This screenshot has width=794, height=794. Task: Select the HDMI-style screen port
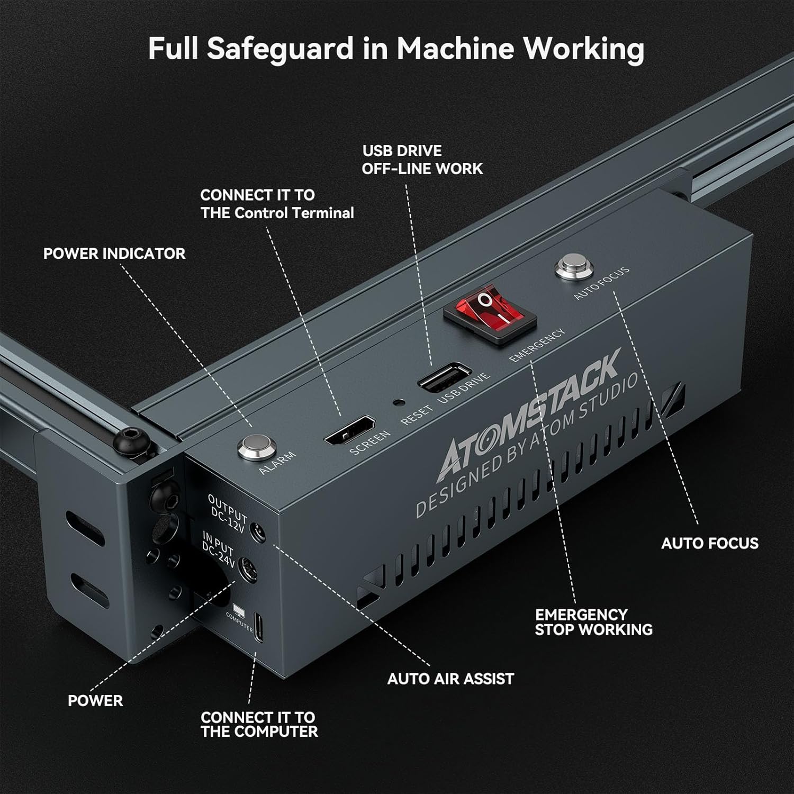[x=350, y=430]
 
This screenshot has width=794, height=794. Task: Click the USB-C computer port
[x=258, y=628]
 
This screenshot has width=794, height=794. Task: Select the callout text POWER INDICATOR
[x=114, y=254]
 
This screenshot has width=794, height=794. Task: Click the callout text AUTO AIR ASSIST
[x=450, y=679]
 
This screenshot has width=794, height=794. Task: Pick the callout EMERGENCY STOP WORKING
[x=593, y=622]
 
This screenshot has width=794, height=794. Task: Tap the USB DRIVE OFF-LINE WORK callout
[x=422, y=160]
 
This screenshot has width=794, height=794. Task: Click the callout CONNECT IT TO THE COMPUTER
[x=259, y=725]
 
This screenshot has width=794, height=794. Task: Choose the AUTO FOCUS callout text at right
[x=709, y=543]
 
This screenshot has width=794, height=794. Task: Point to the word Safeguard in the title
[x=279, y=49]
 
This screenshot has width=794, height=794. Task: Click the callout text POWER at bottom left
[x=95, y=701]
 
